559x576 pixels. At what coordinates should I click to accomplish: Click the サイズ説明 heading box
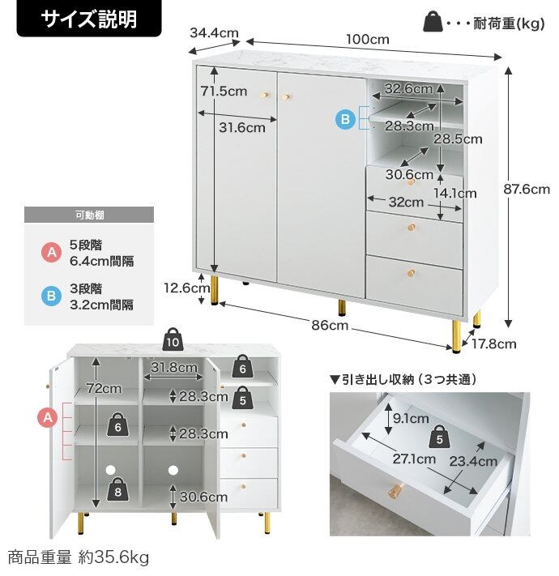point(79,19)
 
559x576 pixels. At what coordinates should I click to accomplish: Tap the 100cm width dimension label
point(367,38)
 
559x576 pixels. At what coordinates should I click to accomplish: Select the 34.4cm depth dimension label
point(214,33)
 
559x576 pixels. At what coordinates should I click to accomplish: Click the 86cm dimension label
point(329,325)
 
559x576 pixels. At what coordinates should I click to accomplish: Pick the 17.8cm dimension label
point(495,343)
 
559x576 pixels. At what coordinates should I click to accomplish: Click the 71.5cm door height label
point(223,92)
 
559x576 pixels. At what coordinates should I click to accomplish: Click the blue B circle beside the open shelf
point(346,120)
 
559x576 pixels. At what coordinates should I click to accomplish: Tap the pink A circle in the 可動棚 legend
point(51,253)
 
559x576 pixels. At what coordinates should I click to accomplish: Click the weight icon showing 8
point(117,490)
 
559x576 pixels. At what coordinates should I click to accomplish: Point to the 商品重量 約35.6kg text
point(79,557)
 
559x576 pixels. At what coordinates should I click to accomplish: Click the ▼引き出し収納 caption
point(403,379)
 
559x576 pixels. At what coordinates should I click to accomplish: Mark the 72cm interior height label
point(105,388)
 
